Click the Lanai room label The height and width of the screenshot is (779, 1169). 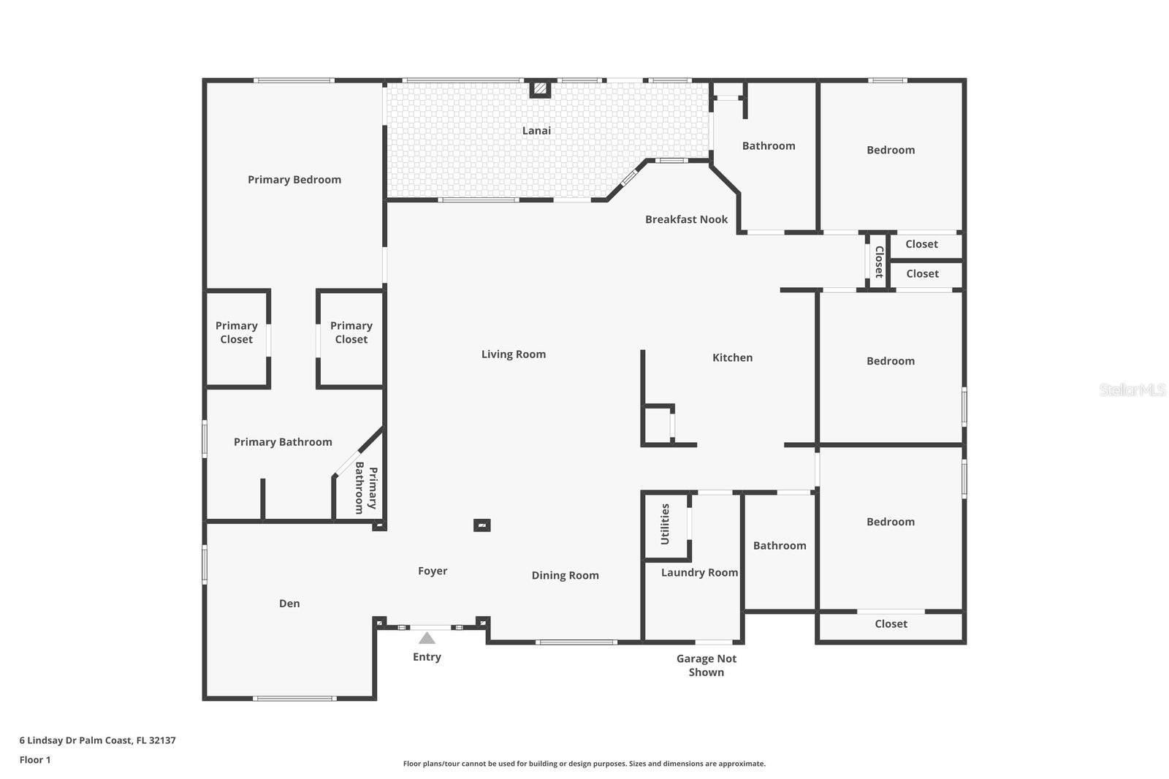[x=536, y=131]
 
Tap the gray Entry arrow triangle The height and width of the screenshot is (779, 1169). [x=427, y=638]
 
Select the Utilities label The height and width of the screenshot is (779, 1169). [x=665, y=524]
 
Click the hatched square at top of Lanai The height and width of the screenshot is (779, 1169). [x=540, y=88]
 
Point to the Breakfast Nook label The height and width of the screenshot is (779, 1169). [x=686, y=219]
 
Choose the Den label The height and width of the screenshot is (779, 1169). [x=289, y=604]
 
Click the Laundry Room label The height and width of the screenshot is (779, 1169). [x=699, y=573]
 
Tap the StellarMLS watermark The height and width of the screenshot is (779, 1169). [x=1132, y=390]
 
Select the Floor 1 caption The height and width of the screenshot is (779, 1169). [x=35, y=760]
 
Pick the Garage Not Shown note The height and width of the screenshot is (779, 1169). [x=706, y=665]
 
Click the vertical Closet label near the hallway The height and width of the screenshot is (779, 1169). [x=879, y=262]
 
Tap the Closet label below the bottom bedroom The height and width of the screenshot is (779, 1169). [x=891, y=624]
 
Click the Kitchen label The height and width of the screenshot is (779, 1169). [x=732, y=357]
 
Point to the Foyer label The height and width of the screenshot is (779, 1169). [x=433, y=571]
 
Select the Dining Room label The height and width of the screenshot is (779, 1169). [x=565, y=576]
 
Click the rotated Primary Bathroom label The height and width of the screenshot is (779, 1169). [x=365, y=487]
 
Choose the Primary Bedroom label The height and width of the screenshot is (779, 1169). [x=294, y=180]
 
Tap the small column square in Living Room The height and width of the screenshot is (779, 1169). [x=481, y=525]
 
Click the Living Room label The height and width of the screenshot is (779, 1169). [x=513, y=354]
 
